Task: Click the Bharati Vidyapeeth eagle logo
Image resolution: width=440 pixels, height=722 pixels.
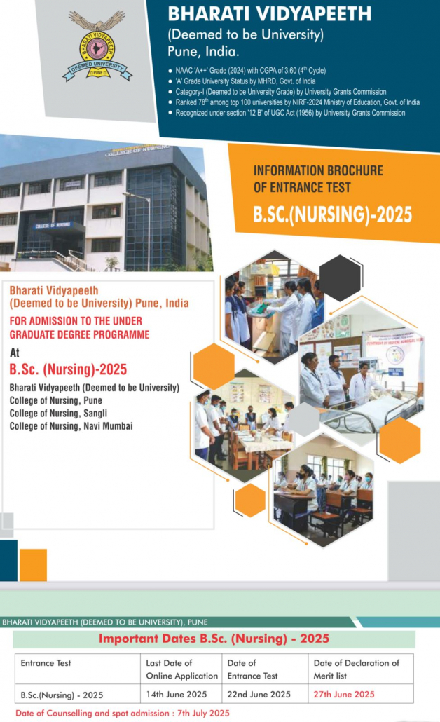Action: click(97, 46)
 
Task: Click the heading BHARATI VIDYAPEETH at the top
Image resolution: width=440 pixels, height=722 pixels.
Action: click(269, 14)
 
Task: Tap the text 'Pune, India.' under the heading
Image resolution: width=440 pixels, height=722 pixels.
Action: click(203, 51)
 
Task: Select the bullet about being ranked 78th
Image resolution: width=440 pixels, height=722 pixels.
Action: click(294, 102)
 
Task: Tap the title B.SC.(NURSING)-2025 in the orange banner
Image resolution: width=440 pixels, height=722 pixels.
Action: click(333, 214)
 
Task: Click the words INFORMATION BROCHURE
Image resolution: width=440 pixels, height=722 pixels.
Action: click(318, 170)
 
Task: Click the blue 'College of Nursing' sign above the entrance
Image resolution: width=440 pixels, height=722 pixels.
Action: click(53, 225)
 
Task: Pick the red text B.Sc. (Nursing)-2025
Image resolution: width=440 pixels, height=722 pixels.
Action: click(68, 369)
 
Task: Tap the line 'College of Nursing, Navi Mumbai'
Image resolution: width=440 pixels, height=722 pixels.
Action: click(71, 426)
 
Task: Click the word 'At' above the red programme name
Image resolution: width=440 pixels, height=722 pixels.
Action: click(14, 353)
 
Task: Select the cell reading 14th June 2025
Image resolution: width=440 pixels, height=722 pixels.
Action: click(177, 695)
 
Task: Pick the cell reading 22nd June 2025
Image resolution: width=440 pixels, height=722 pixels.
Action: click(259, 695)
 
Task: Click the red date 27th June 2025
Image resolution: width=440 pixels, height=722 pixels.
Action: click(344, 695)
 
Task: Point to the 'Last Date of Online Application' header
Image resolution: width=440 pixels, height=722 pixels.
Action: click(181, 669)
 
